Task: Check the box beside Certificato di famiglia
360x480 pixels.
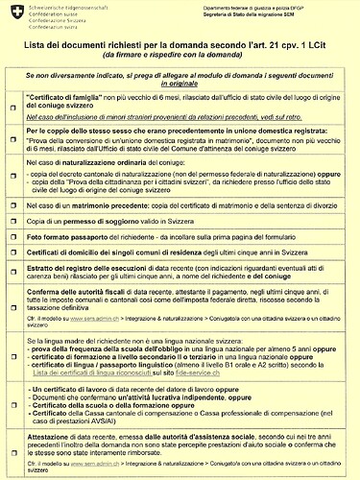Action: coord(14,108)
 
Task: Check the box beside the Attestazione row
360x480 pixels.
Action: coord(14,458)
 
